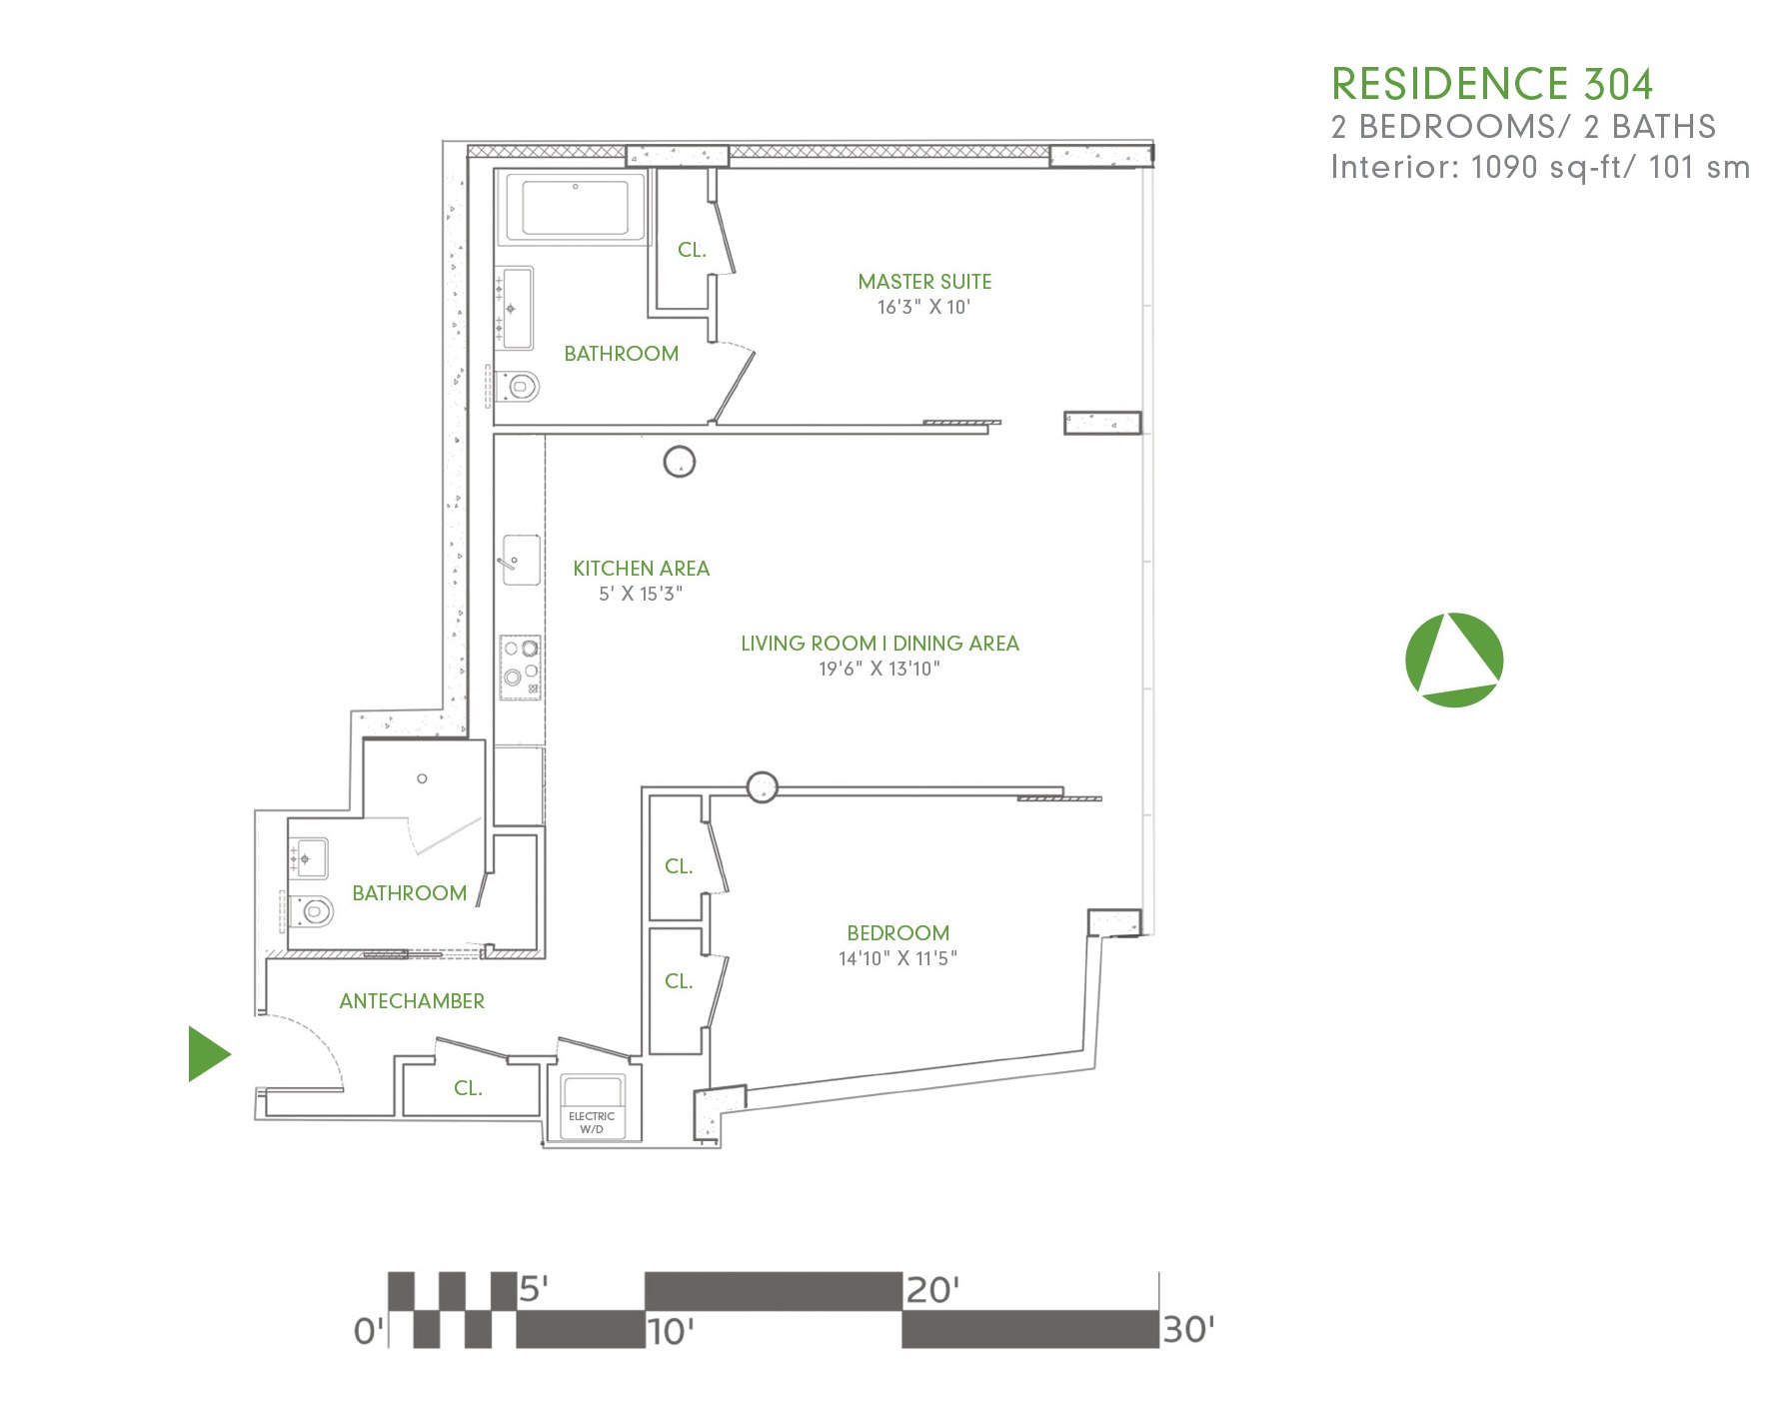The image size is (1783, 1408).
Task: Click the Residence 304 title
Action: pos(1491,85)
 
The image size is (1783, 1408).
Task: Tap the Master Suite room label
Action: pos(924,282)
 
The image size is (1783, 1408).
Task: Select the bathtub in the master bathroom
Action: pos(575,207)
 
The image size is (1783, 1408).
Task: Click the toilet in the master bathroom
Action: pos(519,385)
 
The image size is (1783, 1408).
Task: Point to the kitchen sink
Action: pos(521,560)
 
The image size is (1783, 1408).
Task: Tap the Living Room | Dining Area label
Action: pos(880,644)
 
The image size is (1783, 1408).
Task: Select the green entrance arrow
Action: pos(208,1054)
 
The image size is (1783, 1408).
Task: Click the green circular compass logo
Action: pos(1453,660)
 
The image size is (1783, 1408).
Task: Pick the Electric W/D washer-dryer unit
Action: pos(592,1105)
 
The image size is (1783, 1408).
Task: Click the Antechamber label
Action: pos(412,1001)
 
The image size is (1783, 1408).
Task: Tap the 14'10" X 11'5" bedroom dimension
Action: pos(897,959)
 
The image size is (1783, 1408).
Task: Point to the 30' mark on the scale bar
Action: pos(1187,1330)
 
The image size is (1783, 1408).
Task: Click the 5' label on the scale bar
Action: pos(534,1289)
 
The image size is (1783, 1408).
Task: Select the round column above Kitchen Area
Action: pos(680,462)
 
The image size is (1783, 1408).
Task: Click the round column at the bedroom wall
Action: pos(763,787)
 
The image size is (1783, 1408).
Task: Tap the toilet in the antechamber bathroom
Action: pos(314,910)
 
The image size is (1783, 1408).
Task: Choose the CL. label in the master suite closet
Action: pos(692,250)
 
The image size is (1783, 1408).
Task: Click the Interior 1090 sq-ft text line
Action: pos(1539,167)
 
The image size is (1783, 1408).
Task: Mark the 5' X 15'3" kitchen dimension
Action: pos(641,594)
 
